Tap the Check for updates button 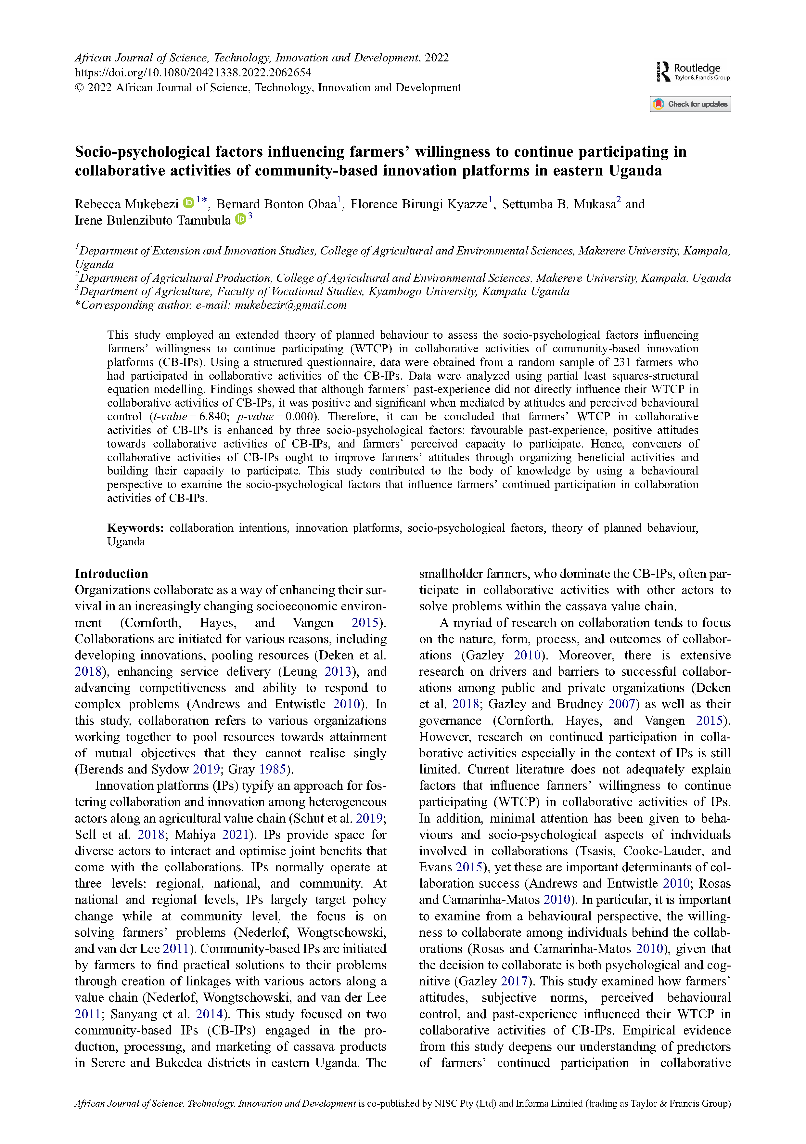point(690,104)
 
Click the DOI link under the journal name point(193,73)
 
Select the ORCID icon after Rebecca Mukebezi point(188,203)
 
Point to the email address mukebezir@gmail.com point(290,305)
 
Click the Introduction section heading point(111,574)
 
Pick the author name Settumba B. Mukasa point(558,204)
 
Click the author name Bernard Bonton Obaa point(276,204)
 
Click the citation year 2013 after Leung point(338,672)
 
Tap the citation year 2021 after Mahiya point(236,835)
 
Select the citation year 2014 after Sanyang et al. point(209,1014)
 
